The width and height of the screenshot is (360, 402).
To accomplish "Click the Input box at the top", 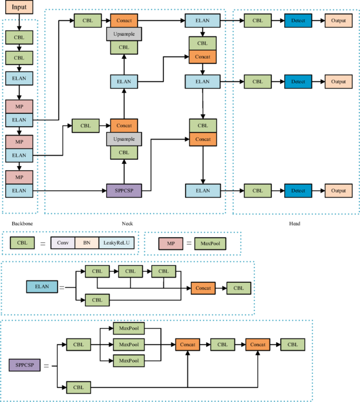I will tap(19, 8).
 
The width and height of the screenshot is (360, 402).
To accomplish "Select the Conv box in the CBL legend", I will tap(63, 242).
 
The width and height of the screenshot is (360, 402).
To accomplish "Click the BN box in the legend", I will tap(86, 242).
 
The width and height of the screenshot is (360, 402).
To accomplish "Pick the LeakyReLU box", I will tap(117, 242).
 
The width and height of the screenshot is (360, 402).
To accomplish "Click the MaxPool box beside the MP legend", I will tap(210, 242).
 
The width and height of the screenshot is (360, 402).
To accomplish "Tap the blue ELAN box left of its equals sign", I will tap(41, 287).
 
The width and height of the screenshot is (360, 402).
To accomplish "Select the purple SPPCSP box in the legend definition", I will tap(25, 365).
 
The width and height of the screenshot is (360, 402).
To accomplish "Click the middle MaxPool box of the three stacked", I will tap(127, 344).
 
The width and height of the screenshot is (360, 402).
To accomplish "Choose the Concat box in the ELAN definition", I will tap(203, 288).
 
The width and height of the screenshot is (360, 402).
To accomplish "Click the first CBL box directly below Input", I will tap(19, 37).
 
